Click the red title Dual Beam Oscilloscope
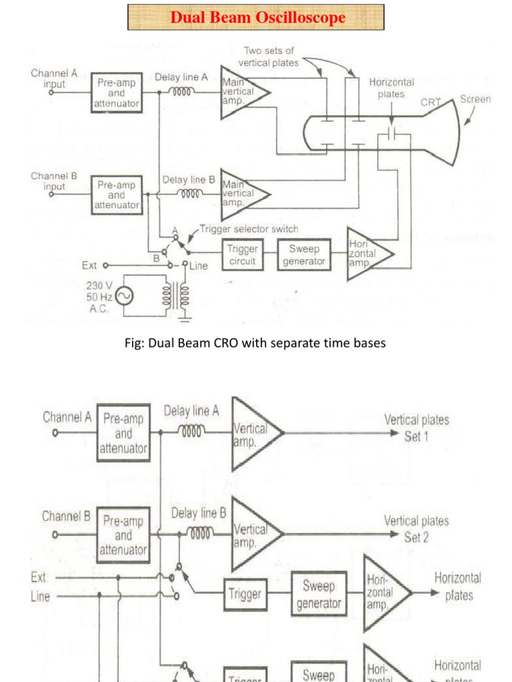(x=257, y=17)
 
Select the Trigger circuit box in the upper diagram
(x=242, y=254)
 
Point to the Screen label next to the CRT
(x=475, y=99)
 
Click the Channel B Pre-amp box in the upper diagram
(x=116, y=195)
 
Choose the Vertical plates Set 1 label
(x=417, y=428)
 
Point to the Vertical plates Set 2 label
(x=417, y=529)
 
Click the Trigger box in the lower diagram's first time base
(x=245, y=593)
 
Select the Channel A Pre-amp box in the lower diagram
(x=123, y=433)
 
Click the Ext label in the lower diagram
(x=38, y=577)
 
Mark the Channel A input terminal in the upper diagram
(x=51, y=93)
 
